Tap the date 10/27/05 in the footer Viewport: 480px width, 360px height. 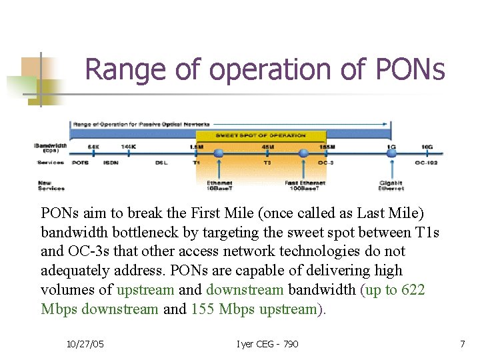pos(86,343)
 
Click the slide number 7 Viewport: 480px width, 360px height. pos(462,343)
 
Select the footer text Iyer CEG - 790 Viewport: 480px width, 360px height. pos(267,343)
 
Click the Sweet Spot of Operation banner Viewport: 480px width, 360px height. pos(261,135)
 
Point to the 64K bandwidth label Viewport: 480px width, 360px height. pos(93,147)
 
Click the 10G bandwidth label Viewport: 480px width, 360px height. pos(427,147)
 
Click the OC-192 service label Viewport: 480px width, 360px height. pos(427,163)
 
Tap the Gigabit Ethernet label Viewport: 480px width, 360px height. pos(391,185)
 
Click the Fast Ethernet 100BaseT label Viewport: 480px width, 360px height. pos(305,185)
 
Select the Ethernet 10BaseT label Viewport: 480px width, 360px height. pos(219,185)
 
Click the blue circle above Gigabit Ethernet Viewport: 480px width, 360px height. pos(391,154)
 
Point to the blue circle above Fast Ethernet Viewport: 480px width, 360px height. pos(304,154)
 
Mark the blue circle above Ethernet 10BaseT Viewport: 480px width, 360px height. pos(218,154)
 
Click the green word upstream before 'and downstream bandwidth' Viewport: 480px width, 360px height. pos(145,290)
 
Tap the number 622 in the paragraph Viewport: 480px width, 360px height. pos(413,290)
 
